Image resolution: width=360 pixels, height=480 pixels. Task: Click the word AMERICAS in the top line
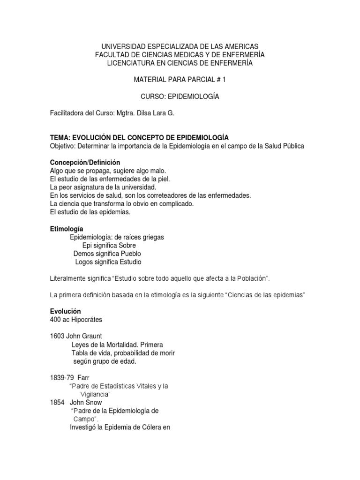coord(239,46)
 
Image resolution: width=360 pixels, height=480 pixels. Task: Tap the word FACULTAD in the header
coord(113,55)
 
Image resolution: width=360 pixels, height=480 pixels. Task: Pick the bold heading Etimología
coord(67,229)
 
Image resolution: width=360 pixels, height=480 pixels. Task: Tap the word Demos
coord(84,254)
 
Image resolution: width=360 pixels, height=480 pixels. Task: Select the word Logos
coord(85,262)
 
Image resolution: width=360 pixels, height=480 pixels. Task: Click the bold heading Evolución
coord(65,312)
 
